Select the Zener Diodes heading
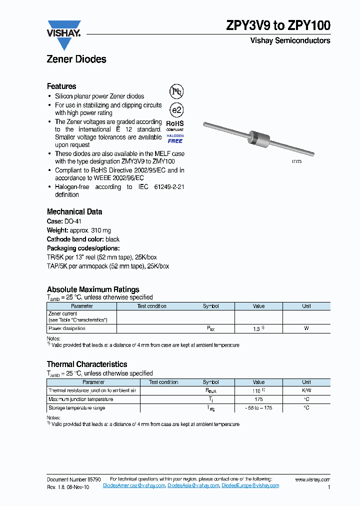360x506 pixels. [x=76, y=59]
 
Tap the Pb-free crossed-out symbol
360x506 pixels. [x=176, y=91]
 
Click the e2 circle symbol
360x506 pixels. [x=176, y=110]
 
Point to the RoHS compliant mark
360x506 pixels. [x=174, y=125]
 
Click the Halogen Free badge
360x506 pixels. [x=174, y=138]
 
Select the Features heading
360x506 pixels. [x=61, y=86]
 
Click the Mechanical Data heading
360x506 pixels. [x=74, y=211]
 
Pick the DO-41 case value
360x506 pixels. [x=72, y=221]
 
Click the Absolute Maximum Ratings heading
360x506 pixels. [x=93, y=289]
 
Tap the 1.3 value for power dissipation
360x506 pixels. [x=257, y=329]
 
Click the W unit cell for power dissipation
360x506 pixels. [x=306, y=329]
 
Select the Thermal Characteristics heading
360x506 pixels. [x=87, y=364]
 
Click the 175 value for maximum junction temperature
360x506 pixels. [x=258, y=399]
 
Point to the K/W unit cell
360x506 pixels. [x=306, y=390]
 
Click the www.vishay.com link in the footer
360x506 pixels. [x=312, y=479]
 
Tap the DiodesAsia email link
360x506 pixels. [x=193, y=486]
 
